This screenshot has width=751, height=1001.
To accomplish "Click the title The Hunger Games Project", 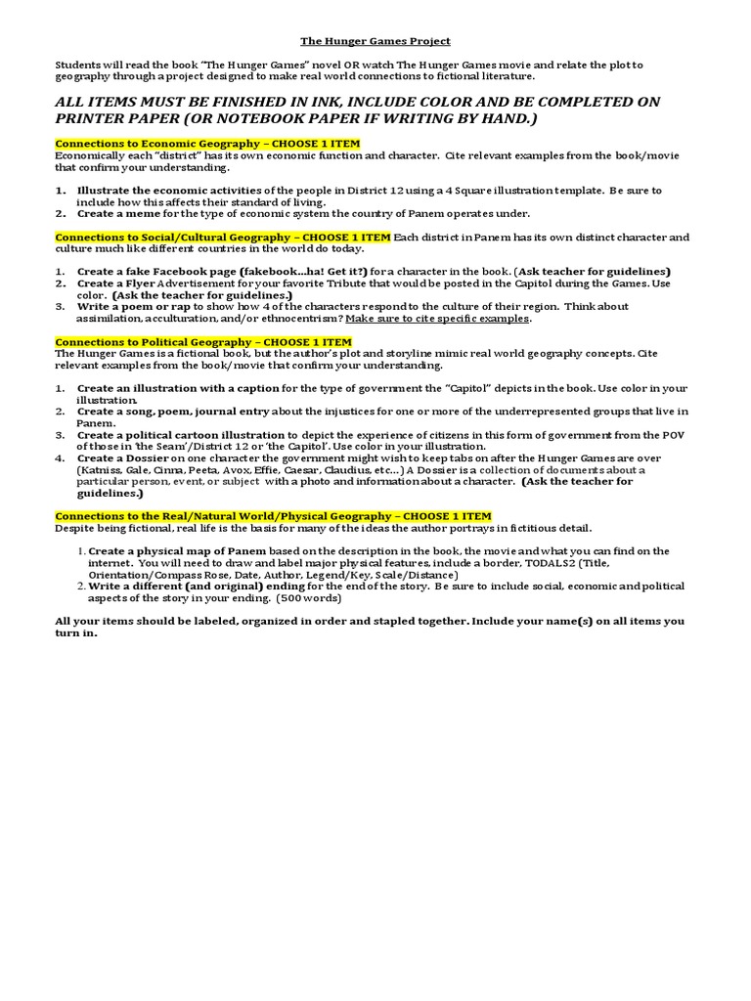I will pos(375,41).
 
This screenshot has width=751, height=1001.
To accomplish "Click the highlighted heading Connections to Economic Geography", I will pos(207,144).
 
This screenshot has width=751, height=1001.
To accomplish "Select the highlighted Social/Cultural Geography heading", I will pos(223,237).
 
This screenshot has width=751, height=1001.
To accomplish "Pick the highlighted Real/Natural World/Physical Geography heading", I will pos(273,515).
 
